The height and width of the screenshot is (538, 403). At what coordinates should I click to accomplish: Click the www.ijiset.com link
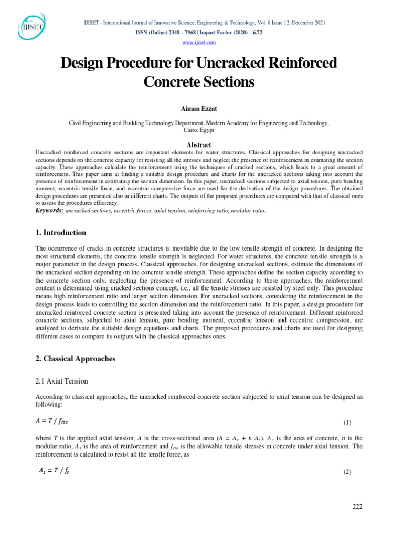tap(199, 42)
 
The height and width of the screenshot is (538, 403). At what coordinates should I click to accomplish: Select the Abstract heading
tap(199, 144)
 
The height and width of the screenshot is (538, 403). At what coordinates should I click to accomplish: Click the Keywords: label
tap(49, 210)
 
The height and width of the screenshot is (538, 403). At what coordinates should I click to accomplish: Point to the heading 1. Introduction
tap(60, 233)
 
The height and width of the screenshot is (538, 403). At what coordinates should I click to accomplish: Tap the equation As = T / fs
tap(54, 471)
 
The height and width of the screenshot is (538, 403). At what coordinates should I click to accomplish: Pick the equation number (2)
tap(347, 472)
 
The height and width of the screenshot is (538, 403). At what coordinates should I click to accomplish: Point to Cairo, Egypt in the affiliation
tap(199, 130)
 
